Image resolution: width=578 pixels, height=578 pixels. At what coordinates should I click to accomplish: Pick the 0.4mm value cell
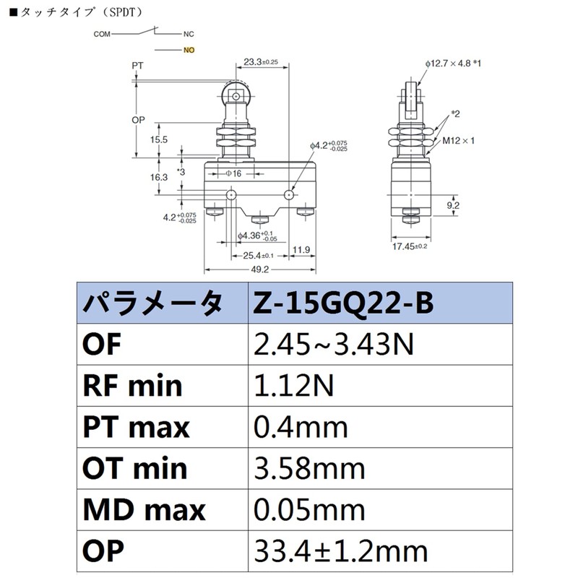[301, 427]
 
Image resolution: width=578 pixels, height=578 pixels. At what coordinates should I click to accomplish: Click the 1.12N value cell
[293, 386]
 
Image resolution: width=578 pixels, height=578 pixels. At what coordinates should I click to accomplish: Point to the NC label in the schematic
[188, 34]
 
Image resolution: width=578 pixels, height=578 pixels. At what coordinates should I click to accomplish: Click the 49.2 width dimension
[259, 269]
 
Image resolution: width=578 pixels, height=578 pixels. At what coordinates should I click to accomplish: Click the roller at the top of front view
[235, 95]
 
